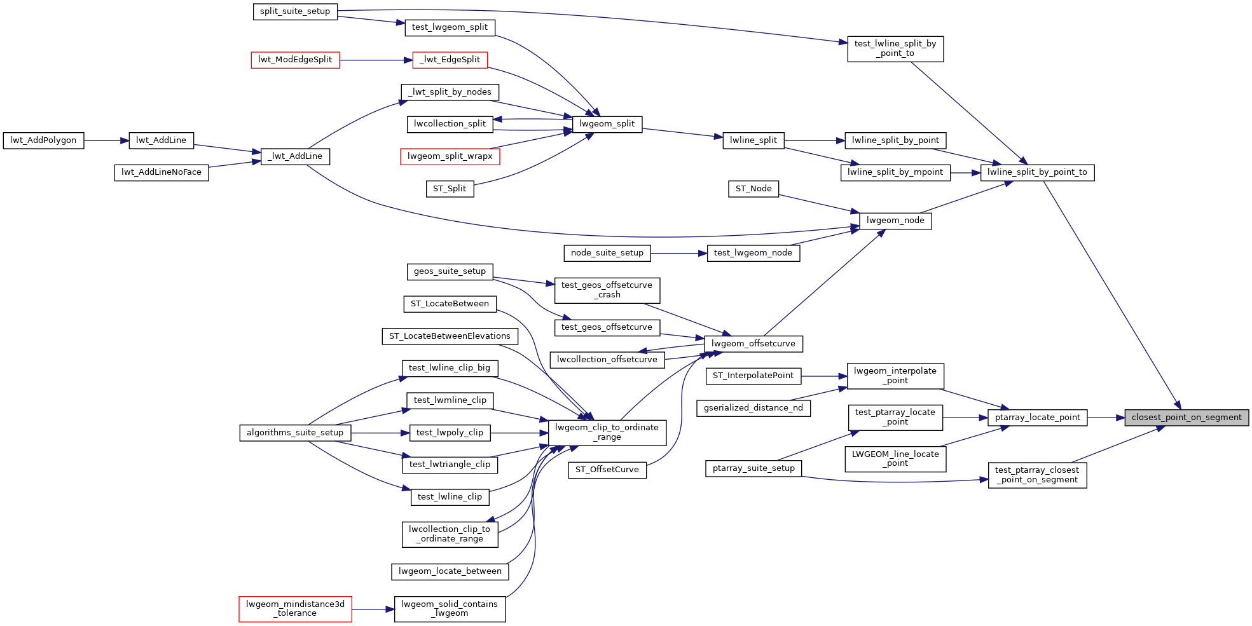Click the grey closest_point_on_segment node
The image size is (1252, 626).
1187,418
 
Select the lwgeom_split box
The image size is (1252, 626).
607,124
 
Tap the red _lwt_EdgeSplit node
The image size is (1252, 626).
450,60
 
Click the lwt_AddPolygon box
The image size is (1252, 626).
43,140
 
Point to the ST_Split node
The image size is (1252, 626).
450,189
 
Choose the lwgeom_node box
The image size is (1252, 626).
895,221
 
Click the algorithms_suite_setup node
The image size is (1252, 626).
295,433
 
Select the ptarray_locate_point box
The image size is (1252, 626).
1037,418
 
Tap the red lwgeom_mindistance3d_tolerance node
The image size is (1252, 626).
295,609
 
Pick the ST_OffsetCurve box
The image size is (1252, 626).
607,470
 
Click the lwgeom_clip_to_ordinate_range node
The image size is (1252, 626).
607,432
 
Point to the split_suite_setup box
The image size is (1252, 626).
295,11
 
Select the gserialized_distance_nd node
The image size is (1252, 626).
753,408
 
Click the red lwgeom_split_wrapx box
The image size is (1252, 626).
450,156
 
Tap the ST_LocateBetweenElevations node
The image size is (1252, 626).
450,336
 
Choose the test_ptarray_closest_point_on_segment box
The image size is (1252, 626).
1037,475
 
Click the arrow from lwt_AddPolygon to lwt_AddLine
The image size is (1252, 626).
106,140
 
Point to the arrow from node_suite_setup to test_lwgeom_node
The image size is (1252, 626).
678,253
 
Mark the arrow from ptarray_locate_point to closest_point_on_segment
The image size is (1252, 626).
1106,418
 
